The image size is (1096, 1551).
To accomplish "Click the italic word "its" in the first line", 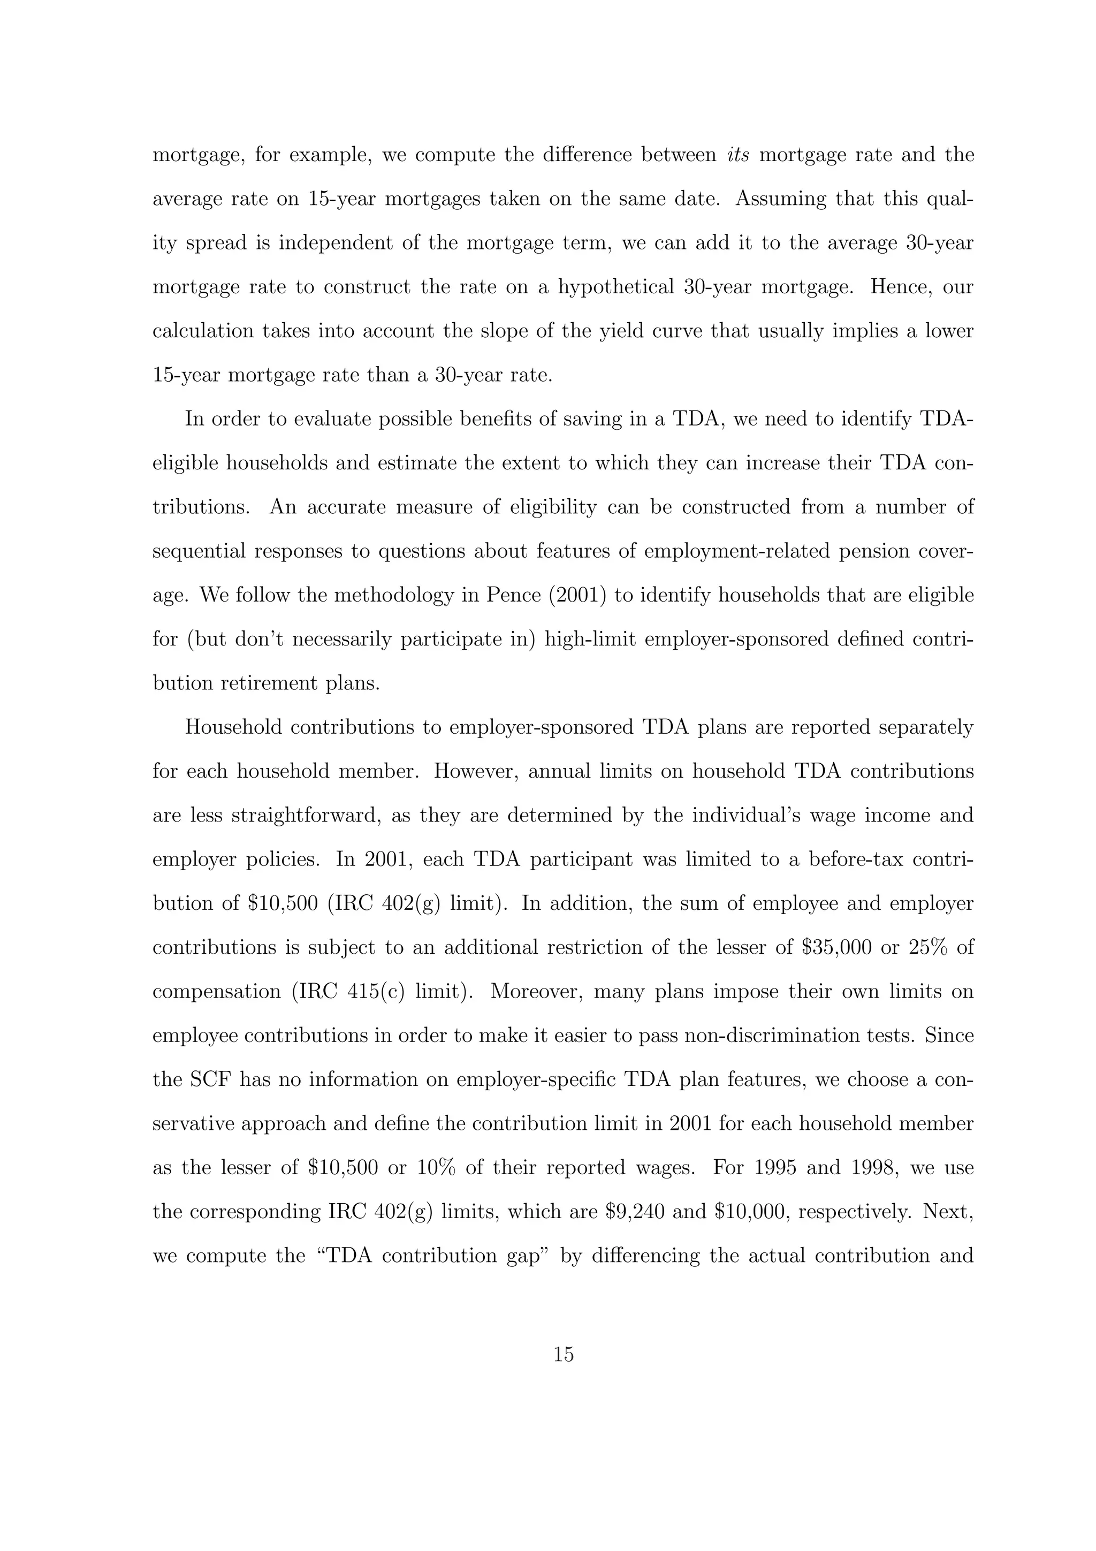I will (x=738, y=155).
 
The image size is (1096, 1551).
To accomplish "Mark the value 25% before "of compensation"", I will (x=928, y=947).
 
